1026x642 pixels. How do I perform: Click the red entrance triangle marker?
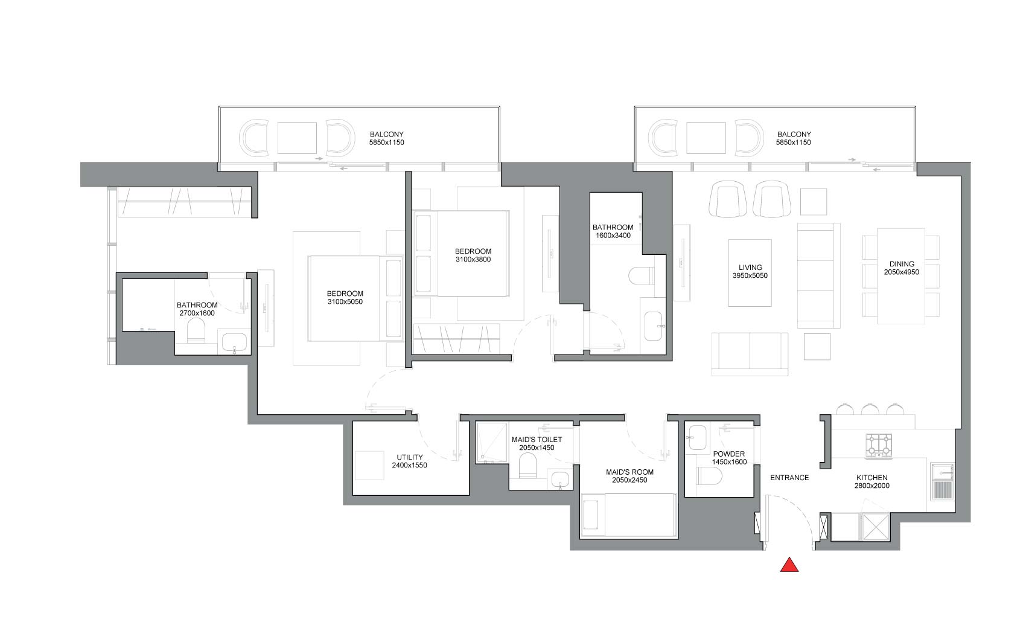point(789,565)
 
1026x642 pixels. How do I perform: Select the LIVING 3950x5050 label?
point(750,271)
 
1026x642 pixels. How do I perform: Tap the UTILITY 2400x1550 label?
point(409,461)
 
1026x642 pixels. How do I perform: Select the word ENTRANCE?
point(789,478)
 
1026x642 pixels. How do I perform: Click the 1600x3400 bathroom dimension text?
point(613,236)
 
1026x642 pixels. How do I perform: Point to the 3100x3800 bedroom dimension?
point(473,259)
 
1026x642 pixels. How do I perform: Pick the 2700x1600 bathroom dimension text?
point(197,313)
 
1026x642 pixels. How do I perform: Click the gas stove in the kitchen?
point(879,445)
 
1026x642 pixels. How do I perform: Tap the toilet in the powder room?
point(709,476)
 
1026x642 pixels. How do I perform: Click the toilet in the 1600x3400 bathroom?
point(641,277)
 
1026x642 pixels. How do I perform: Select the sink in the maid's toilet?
point(559,480)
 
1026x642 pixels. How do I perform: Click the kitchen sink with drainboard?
point(943,481)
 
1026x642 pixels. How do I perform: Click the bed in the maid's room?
point(628,515)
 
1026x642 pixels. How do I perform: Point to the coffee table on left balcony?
point(297,138)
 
